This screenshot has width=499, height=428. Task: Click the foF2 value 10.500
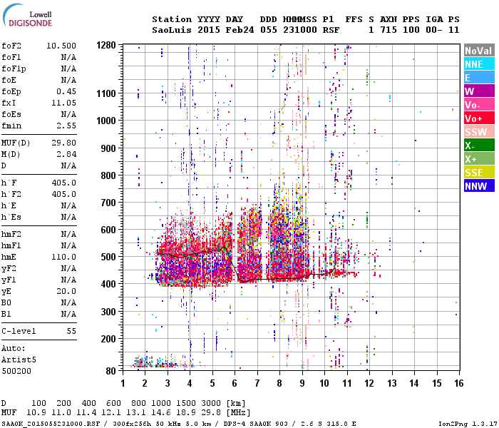coord(61,45)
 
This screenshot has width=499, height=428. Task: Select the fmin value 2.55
coord(66,126)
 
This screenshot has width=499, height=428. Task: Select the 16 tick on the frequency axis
coord(456,383)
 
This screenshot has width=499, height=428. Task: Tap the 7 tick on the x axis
coord(257,383)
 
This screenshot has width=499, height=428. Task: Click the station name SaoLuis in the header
coord(171,30)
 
